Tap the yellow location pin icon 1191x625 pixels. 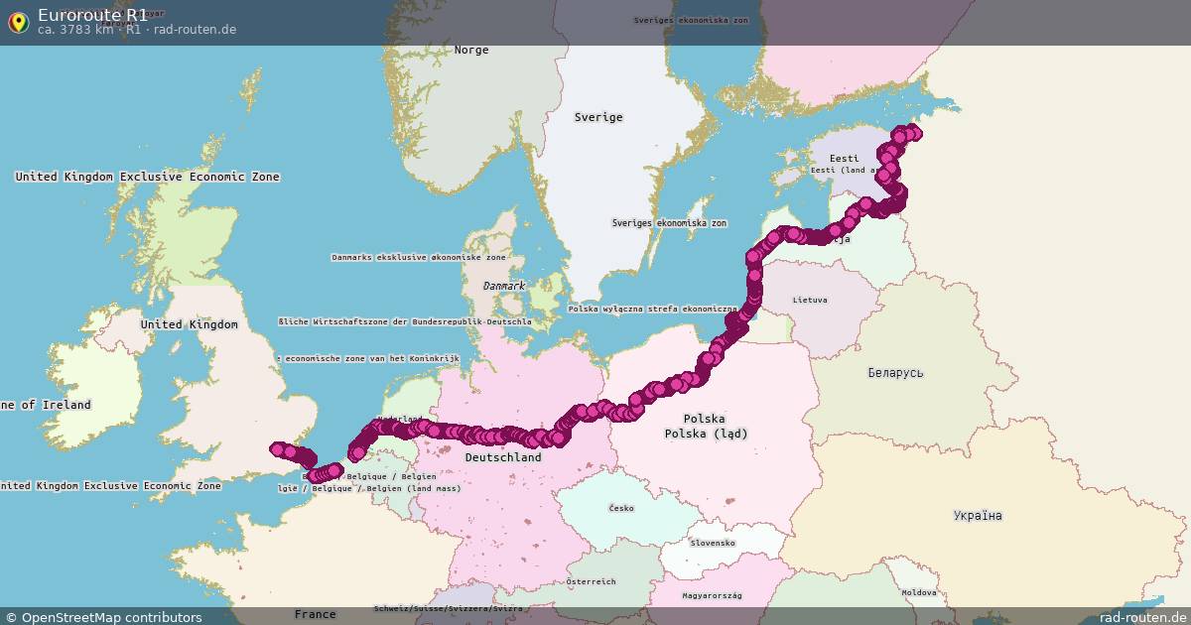[18, 22]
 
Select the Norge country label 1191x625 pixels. [471, 50]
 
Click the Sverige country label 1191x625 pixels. [598, 117]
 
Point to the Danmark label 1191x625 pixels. [504, 286]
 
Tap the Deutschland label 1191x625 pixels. [503, 457]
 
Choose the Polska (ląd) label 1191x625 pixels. [706, 434]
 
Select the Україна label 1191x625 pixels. [978, 516]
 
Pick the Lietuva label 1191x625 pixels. [810, 300]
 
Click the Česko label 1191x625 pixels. [621, 508]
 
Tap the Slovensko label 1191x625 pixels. [713, 543]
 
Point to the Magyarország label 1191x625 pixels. [712, 595]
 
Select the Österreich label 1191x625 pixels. [591, 581]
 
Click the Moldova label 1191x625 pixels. [918, 592]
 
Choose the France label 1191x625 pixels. [315, 614]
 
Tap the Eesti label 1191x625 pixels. [845, 159]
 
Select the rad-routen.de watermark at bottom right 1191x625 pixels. [1141, 617]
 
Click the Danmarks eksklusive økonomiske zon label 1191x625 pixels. [418, 257]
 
